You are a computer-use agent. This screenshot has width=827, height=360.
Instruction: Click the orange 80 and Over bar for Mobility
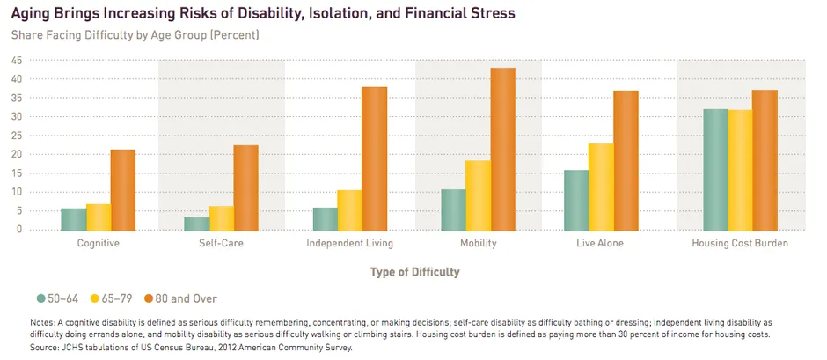click(503, 149)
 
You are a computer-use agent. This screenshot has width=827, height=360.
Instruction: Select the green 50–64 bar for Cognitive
click(74, 219)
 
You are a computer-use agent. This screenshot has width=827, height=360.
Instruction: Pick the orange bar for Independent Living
click(375, 158)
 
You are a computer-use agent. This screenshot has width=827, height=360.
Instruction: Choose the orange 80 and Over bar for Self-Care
click(245, 187)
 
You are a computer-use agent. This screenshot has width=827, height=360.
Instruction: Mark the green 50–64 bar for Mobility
click(454, 209)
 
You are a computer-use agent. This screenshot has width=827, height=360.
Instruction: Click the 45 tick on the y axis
click(17, 60)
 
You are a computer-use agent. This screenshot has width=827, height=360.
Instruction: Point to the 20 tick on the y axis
click(17, 154)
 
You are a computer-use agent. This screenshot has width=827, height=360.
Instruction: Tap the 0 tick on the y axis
click(19, 230)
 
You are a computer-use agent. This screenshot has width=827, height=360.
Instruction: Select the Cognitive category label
click(98, 244)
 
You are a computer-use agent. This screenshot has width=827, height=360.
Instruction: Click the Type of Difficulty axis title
click(414, 272)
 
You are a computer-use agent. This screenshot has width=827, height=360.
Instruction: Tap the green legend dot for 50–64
click(41, 299)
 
